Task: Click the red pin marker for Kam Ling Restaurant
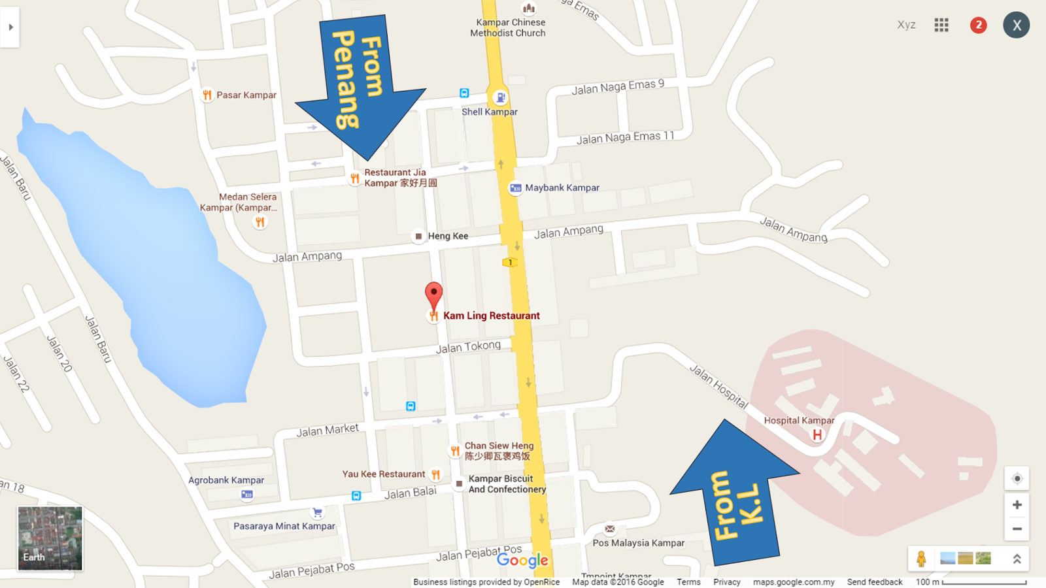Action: click(x=433, y=296)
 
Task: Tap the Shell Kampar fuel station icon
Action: click(x=500, y=97)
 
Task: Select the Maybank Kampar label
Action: click(x=562, y=188)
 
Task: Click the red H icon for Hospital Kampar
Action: click(x=817, y=434)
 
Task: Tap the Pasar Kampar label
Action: click(x=246, y=95)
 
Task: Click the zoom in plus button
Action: click(x=1017, y=505)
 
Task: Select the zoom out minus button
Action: click(x=1017, y=529)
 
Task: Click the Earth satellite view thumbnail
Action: click(x=50, y=538)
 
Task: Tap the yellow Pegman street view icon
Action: click(x=921, y=559)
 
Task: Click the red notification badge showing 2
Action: click(x=978, y=25)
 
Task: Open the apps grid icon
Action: click(x=941, y=25)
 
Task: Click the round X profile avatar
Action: click(x=1016, y=25)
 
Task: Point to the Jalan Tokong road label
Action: click(x=468, y=347)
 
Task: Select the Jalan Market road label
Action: click(x=328, y=430)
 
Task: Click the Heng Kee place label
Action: click(x=448, y=236)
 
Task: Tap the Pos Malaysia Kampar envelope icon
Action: click(x=610, y=529)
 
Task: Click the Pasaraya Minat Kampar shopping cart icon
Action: click(x=318, y=512)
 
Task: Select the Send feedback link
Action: click(x=874, y=582)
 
